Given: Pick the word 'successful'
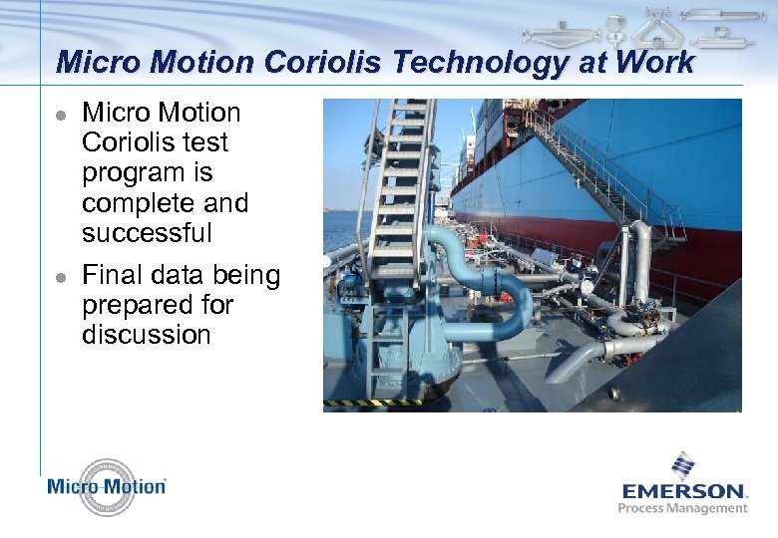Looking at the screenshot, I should point(147,233).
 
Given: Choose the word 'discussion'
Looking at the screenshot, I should point(147,334).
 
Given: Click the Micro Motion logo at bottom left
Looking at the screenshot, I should point(107,487).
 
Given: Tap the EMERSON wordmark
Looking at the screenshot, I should point(683,490).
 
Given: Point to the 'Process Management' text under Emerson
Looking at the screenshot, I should point(683,508).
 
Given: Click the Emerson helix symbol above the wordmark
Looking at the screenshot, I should point(683,464).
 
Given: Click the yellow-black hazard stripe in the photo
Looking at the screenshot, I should point(370,403).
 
